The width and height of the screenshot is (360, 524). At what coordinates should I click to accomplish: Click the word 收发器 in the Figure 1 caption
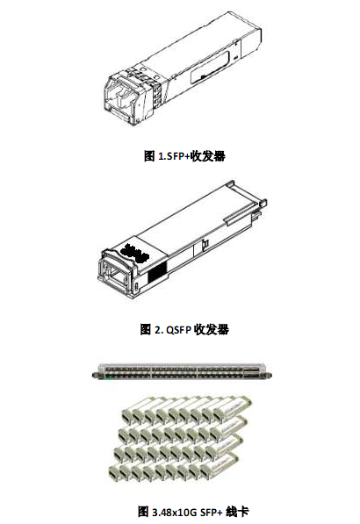click(208, 155)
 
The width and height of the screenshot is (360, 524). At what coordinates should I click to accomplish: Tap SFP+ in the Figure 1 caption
click(178, 156)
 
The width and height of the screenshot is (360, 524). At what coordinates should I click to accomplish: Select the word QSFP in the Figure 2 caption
click(178, 330)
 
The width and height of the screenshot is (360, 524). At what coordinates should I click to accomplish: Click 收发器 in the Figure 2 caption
click(212, 329)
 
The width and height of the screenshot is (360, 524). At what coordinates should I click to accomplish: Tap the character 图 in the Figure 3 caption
click(143, 512)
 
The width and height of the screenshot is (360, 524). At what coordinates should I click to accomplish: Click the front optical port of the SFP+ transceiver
click(119, 96)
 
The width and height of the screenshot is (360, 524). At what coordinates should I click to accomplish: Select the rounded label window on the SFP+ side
click(210, 67)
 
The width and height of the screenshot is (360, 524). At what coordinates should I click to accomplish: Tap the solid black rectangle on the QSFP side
click(157, 271)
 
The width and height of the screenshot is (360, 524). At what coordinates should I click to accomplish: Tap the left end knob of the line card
click(95, 376)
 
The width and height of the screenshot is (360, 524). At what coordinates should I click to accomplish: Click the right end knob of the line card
click(268, 376)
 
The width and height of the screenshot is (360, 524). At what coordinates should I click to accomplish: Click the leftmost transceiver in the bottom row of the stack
click(115, 470)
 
